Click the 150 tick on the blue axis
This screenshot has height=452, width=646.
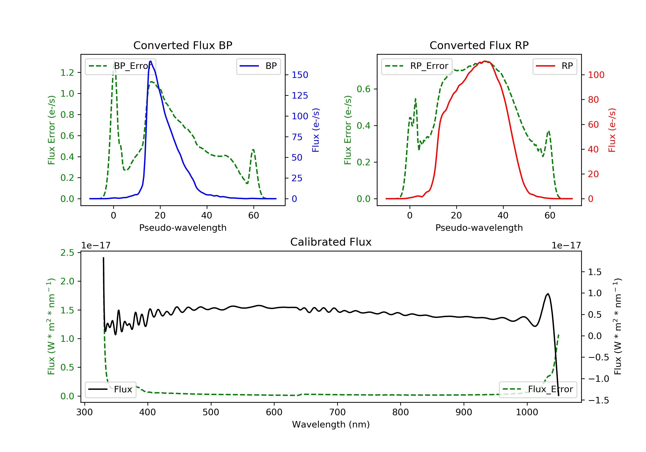(300, 75)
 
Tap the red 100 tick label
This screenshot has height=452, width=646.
(596, 75)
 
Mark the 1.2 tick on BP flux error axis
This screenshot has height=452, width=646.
(67, 73)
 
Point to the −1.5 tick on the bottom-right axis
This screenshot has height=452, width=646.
(598, 401)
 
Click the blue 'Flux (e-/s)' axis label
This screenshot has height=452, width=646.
(316, 130)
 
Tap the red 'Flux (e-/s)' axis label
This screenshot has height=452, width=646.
(612, 130)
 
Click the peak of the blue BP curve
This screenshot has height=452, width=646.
(151, 61)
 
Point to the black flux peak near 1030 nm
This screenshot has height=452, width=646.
(548, 294)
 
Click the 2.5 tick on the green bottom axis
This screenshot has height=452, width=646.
(67, 253)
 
